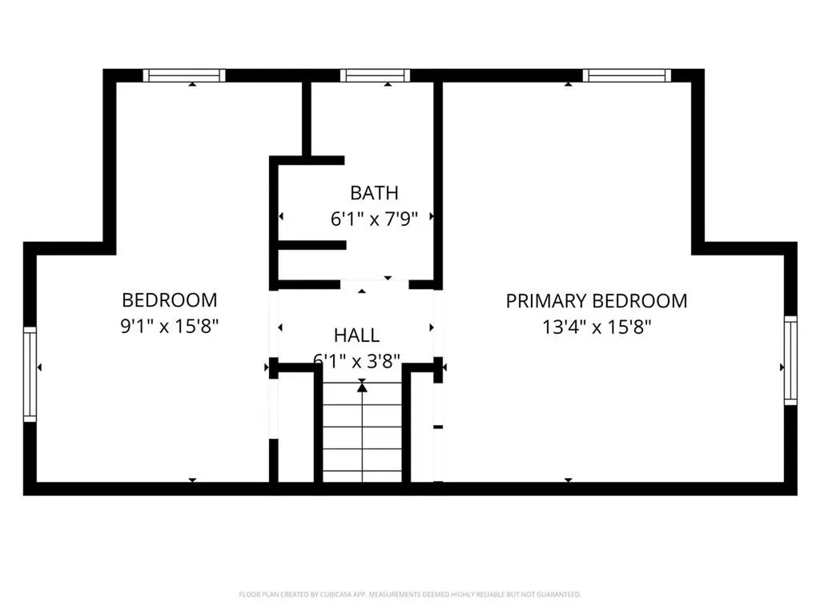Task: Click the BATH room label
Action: coord(374,193)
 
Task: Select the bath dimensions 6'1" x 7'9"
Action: coord(374,219)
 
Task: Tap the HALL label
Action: coord(356,336)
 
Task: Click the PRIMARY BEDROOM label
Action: coord(596,301)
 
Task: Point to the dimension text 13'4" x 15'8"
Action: coord(596,327)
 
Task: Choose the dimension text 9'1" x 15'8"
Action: coord(169,327)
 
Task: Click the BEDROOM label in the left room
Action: coord(169,300)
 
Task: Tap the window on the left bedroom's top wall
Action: coord(184,75)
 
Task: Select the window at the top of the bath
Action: coord(375,75)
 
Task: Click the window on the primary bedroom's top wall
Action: coord(626,75)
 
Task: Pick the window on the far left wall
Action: coord(30,374)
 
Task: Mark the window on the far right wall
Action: coord(790,360)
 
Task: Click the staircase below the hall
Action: coord(362,436)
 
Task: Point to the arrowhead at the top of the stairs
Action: coord(362,388)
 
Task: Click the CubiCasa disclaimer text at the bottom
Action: coord(410,594)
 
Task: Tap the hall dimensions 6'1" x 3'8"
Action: coord(356,360)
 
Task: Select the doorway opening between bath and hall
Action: coord(375,284)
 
